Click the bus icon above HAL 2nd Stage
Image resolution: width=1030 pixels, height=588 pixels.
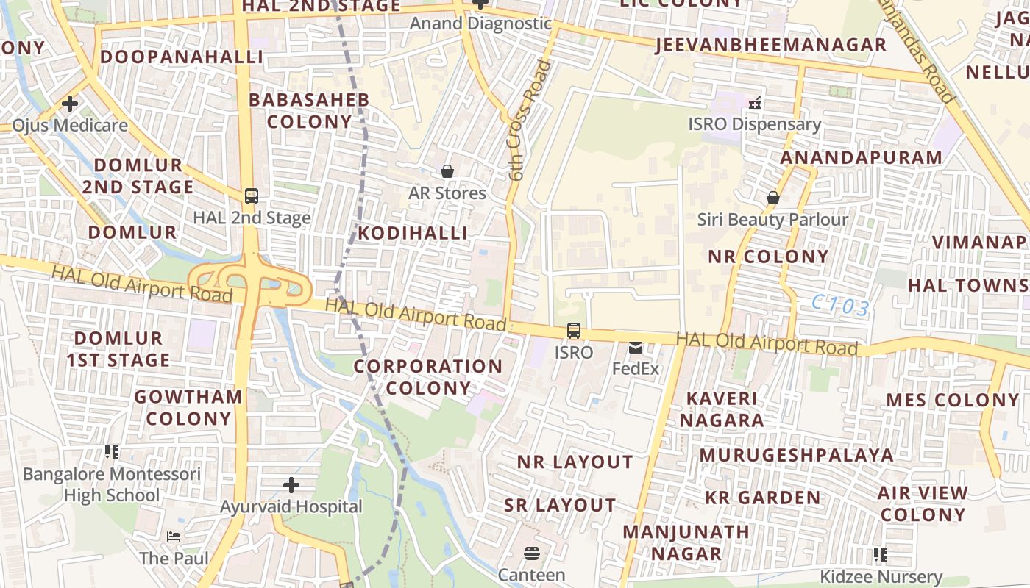252,196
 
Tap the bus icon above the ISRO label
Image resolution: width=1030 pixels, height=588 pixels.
574,331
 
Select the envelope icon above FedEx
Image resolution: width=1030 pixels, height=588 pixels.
636,348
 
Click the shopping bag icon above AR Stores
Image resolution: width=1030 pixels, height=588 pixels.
447,171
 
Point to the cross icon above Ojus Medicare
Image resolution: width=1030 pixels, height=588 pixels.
70,104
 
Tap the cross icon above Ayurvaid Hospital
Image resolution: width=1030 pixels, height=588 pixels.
291,485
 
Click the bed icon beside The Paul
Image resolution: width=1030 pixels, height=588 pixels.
174,537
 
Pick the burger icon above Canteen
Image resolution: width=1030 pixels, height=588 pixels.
532,553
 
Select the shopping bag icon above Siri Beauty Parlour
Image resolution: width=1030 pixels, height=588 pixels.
773,198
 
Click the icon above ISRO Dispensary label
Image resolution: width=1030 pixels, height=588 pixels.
754,102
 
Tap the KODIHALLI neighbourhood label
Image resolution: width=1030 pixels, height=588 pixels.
413,233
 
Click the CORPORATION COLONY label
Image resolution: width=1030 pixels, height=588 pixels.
428,377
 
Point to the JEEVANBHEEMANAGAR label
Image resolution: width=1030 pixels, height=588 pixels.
770,45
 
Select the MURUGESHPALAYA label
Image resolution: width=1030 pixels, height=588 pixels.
797,455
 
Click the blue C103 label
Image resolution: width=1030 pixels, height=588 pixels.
841,306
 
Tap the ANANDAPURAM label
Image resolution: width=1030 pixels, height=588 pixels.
861,157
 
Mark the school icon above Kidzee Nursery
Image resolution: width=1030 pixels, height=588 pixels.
880,554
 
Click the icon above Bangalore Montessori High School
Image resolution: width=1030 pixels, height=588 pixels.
112,452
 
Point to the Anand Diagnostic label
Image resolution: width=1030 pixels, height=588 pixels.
480,24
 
